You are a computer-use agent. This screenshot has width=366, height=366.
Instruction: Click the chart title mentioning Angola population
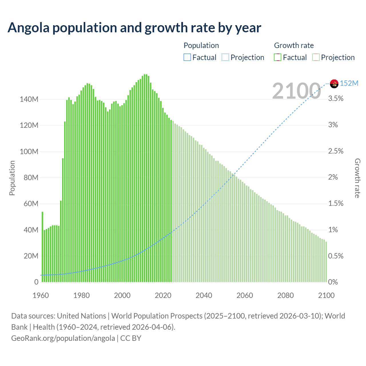pyautogui.click(x=134, y=28)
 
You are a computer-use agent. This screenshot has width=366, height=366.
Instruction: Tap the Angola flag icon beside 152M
pyautogui.click(x=334, y=83)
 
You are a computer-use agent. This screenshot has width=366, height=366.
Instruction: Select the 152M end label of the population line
pyautogui.click(x=349, y=83)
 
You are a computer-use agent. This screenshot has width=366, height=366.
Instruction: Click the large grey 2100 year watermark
pyautogui.click(x=297, y=91)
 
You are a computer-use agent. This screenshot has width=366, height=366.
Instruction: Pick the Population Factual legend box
pyautogui.click(x=187, y=57)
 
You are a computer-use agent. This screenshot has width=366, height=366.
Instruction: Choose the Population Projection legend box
pyautogui.click(x=225, y=57)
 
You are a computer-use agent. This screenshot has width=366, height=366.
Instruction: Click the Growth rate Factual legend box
pyautogui.click(x=278, y=57)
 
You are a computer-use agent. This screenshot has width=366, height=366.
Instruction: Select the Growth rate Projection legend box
pyautogui.click(x=316, y=57)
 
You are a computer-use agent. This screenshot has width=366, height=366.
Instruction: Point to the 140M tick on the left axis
pyautogui.click(x=29, y=100)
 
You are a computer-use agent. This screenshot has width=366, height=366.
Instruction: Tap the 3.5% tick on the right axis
pyautogui.click(x=336, y=99)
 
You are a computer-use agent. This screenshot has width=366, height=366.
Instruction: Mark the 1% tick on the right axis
pyautogui.click(x=333, y=230)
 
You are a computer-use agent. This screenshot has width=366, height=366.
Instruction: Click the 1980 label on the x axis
pyautogui.click(x=81, y=295)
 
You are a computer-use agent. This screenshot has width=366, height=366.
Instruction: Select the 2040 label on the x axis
pyautogui.click(x=204, y=295)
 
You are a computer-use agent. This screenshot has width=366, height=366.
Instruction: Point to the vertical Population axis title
pyautogui.click(x=12, y=178)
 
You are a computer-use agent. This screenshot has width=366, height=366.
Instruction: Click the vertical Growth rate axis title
pyautogui.click(x=357, y=178)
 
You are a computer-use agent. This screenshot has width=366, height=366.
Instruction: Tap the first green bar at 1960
pyautogui.click(x=42, y=246)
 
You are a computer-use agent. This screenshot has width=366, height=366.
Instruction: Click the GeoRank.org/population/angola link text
pyautogui.click(x=63, y=338)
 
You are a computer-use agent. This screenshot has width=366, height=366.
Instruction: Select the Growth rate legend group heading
pyautogui.click(x=294, y=45)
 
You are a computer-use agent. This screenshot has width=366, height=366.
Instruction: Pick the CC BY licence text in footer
pyautogui.click(x=131, y=338)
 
